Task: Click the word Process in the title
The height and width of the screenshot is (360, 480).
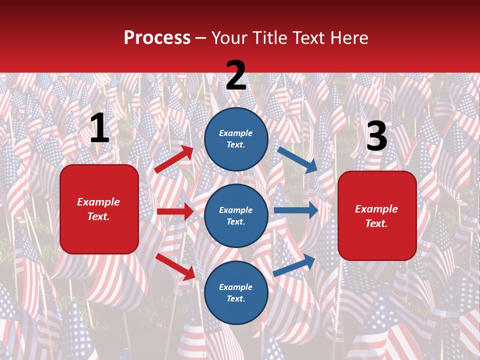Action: click(157, 38)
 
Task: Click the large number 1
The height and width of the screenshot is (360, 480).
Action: click(99, 128)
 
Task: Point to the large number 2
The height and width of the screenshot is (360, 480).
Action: click(236, 75)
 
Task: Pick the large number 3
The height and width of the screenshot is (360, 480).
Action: click(376, 136)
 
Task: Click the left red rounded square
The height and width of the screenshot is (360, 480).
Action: click(99, 209)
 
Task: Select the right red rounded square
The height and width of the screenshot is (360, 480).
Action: click(377, 215)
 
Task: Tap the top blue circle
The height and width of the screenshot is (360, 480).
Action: click(236, 138)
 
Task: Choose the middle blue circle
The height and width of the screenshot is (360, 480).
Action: click(236, 215)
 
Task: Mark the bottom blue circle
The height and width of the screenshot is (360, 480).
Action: click(236, 292)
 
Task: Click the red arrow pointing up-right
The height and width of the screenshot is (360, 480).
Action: click(174, 159)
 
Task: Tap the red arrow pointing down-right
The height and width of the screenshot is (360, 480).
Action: click(175, 266)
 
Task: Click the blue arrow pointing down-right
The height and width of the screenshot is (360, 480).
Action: click(297, 159)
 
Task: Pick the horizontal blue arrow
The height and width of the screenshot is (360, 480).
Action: click(296, 210)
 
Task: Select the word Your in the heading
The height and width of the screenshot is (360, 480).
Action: click(227, 38)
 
